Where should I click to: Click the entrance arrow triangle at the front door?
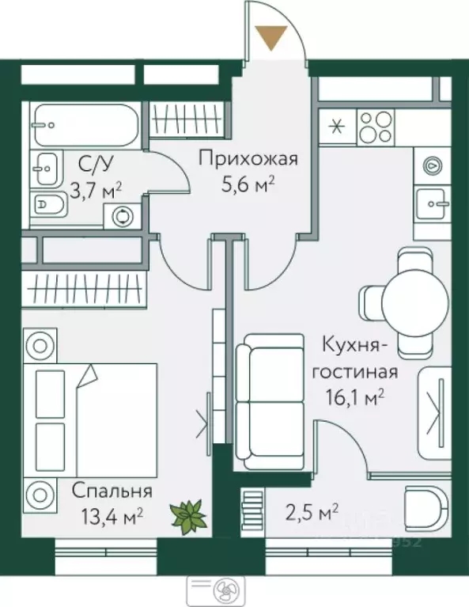273,37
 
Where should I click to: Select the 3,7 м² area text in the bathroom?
95,192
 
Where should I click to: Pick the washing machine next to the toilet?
123,214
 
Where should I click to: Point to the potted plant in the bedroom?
190,515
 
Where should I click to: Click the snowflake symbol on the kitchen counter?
338,125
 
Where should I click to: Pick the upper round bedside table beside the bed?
38,346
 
